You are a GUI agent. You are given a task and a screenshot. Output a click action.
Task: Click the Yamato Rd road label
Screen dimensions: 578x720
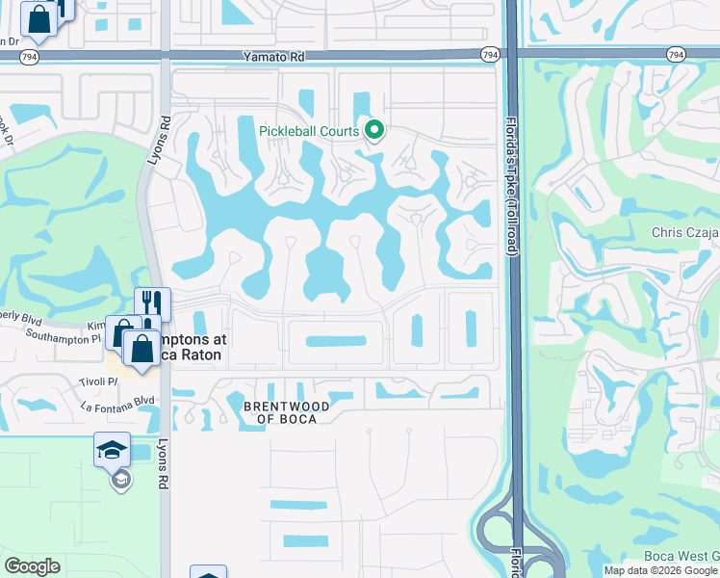point(273,58)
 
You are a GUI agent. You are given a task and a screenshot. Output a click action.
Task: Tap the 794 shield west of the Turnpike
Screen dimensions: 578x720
point(491,56)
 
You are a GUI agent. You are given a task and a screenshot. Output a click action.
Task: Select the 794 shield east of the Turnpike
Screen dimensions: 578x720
point(677,56)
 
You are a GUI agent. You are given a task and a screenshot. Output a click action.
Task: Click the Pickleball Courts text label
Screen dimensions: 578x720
point(309,131)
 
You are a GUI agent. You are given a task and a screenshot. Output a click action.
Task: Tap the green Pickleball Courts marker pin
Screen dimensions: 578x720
point(374,130)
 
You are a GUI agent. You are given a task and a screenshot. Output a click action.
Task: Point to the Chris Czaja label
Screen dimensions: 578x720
point(685,232)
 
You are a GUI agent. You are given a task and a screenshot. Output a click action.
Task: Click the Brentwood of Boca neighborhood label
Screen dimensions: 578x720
point(286,412)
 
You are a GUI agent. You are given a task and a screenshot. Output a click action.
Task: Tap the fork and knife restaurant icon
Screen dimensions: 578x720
point(152,302)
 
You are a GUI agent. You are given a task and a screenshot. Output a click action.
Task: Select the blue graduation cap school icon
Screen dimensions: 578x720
point(112,449)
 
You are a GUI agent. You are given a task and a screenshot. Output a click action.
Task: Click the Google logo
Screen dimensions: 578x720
point(32,566)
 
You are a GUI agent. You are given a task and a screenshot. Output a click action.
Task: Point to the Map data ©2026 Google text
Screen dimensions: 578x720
point(660,570)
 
